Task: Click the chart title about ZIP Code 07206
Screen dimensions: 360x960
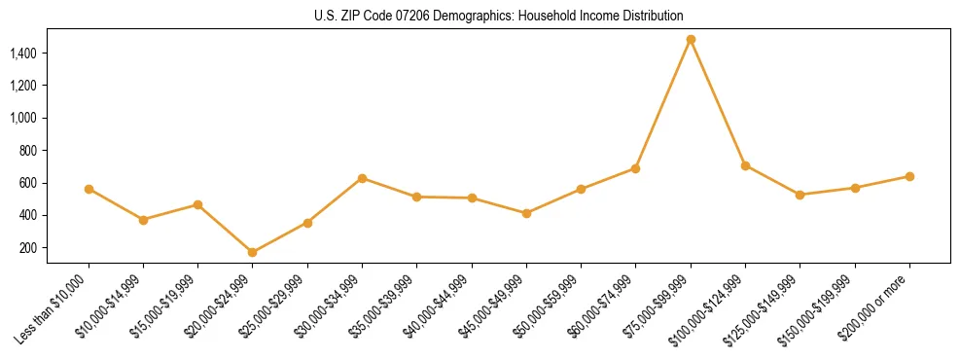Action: [x=499, y=16]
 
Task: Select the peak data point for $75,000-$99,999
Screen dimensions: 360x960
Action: [x=691, y=40]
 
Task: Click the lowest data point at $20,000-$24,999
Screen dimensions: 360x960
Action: [x=253, y=252]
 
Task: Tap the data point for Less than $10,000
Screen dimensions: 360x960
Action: [x=89, y=189]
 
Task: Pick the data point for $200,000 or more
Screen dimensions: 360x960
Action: [x=909, y=176]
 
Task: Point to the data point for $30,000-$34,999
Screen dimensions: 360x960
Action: [x=362, y=178]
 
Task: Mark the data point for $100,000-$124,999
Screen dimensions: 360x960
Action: [x=745, y=165]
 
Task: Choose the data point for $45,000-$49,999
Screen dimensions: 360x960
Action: [x=526, y=213]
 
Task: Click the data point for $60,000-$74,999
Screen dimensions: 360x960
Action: [x=636, y=168]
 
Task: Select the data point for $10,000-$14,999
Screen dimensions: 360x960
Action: [x=143, y=220]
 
